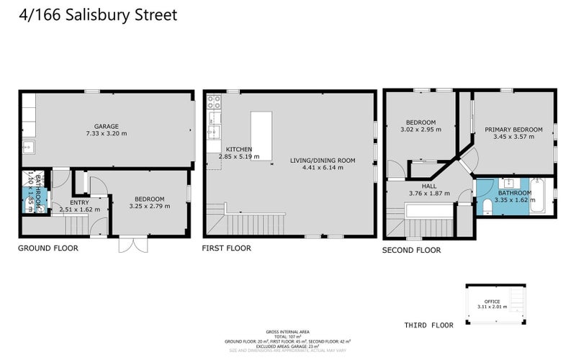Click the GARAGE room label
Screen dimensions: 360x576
(106, 126)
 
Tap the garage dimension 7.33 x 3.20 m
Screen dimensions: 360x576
(106, 133)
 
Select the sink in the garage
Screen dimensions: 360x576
(28, 148)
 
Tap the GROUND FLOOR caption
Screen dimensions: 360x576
(48, 248)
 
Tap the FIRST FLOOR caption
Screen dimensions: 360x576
(227, 248)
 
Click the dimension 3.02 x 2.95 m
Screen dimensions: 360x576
(420, 130)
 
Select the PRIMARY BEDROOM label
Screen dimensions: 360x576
(509, 130)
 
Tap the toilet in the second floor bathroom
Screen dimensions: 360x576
(487, 206)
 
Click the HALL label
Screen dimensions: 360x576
(429, 186)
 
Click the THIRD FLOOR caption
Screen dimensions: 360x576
(428, 325)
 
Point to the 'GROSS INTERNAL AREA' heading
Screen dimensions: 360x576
(287, 331)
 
